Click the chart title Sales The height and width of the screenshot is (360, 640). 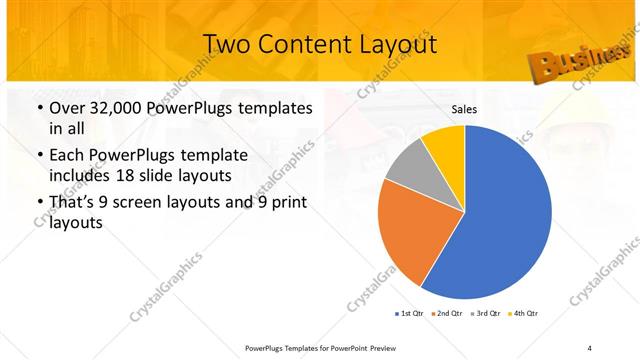coord(463,109)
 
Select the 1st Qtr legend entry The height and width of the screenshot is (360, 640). coord(408,314)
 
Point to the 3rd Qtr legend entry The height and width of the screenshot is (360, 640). coord(484,314)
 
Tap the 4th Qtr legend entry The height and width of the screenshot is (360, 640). coord(523,314)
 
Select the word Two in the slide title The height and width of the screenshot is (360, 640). coord(224,45)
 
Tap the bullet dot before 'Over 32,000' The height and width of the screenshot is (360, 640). coord(39,108)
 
